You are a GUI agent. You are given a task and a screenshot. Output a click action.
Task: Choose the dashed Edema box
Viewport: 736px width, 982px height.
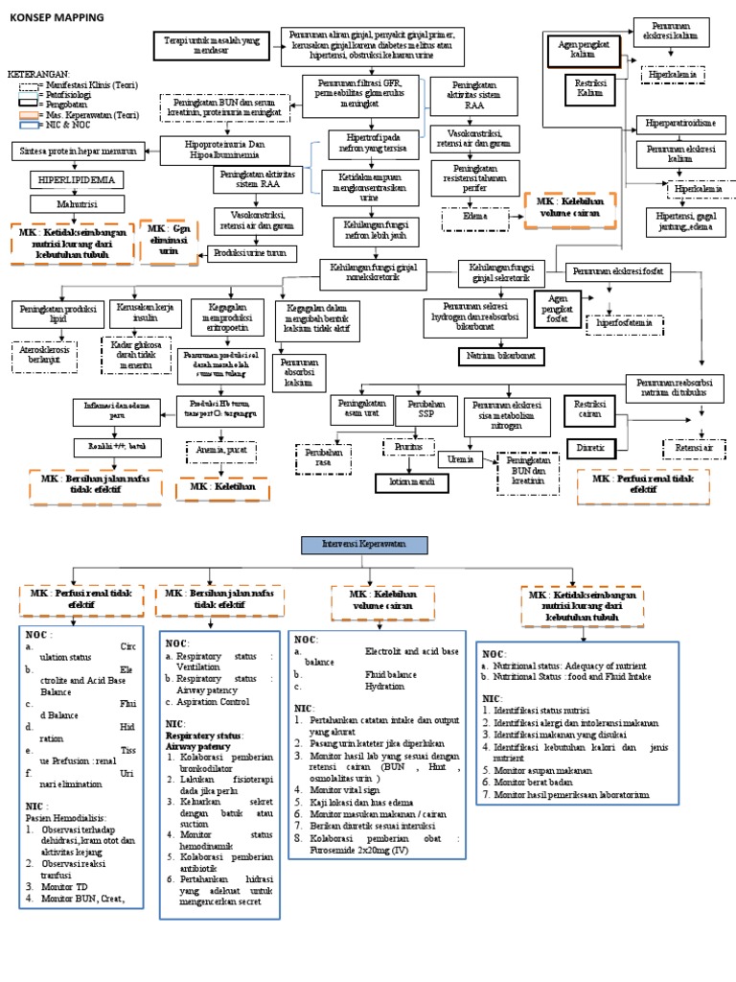[x=470, y=218]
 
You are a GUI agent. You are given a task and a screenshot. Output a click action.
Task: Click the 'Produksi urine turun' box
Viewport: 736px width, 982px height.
[x=248, y=252]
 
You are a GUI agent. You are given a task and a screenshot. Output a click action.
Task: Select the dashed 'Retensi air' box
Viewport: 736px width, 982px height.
[x=694, y=448]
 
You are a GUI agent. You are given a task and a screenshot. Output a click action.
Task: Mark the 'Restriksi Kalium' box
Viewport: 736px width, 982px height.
[x=586, y=90]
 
